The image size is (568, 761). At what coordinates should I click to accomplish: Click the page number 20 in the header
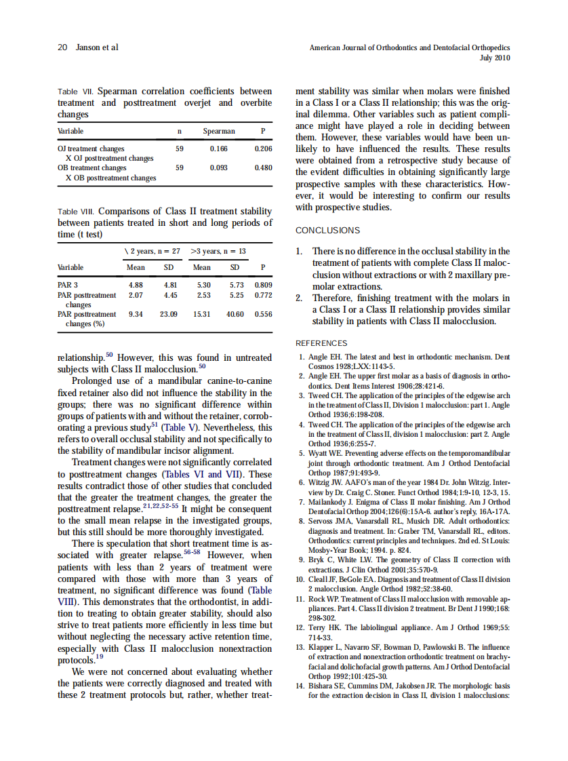62,47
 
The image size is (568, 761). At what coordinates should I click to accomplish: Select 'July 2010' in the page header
494,58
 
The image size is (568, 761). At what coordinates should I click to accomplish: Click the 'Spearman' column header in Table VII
218,131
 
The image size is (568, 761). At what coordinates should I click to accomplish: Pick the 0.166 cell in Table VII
218,148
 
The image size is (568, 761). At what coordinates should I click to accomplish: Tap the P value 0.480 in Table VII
263,168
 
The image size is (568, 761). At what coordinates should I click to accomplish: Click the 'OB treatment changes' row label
92,168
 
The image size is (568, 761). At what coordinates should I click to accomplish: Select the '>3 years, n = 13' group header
218,251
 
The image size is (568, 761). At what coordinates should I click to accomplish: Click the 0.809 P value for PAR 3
263,285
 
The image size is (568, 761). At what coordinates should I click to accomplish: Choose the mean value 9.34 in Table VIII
136,314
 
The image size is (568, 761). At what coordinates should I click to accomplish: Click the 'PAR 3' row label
68,285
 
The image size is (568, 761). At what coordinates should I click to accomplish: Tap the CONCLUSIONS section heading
327,231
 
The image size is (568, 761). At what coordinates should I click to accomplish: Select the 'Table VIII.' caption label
77,212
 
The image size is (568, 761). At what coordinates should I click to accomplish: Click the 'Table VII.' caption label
75,92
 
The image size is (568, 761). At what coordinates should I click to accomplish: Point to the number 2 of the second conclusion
299,298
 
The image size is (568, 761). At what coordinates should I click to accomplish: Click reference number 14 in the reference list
302,686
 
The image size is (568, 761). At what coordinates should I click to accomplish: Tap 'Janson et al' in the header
96,47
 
